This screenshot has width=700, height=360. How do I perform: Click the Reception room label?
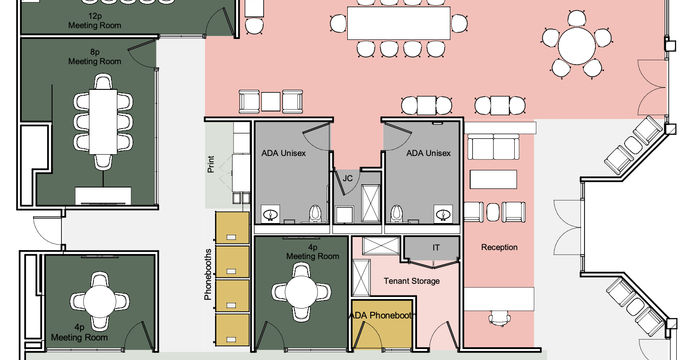499,247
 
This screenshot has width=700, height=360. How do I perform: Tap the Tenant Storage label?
412,281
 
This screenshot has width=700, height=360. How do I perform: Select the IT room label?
436,247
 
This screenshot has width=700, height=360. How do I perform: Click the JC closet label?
348,178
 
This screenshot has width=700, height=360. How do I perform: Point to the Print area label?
212,164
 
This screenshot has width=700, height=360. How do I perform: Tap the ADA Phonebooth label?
380,316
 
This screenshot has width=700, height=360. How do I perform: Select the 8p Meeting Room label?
95,57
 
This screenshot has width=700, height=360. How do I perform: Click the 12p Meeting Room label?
95,21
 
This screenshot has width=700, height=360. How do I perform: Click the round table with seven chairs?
577,45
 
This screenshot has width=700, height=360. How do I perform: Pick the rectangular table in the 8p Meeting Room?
103,122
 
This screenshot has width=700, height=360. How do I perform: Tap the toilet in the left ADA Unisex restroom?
315,213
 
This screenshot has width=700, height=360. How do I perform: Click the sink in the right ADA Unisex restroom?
443,213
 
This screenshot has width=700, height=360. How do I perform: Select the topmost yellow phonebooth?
232,228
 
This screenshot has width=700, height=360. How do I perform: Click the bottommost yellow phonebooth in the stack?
232,330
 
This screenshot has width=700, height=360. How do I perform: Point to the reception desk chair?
499,318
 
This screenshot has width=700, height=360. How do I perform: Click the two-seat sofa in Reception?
493,147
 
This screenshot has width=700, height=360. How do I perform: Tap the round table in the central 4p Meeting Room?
301,292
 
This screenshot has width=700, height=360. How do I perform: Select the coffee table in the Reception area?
493,179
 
